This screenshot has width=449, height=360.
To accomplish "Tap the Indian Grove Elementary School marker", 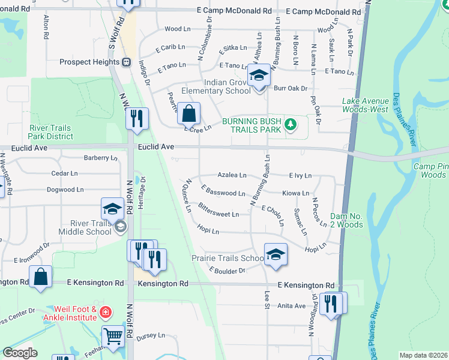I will pos(259,77).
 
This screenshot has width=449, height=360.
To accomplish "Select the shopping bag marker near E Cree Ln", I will pos(188,113).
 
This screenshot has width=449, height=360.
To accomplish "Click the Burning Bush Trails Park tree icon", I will pos(291,125).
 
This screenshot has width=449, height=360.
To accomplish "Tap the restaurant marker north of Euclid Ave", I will pos(137,118).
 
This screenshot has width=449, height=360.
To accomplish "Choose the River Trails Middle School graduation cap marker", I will pos(112,209).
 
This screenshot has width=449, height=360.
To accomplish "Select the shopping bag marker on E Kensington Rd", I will pos(41,277).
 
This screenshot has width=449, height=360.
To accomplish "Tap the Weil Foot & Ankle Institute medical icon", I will pos(105,312).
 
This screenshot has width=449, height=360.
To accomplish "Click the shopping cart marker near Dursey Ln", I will pos(113,337).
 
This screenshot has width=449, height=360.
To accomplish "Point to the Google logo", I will pos(20,353).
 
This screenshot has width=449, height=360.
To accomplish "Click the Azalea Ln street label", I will pos(232,175).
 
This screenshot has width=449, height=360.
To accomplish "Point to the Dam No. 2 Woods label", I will pos(346,220).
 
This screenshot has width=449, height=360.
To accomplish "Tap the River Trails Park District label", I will pos(50,132).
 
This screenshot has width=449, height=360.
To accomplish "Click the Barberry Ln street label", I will pos(101,158).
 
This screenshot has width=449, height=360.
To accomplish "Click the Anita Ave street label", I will pos(292,305).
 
